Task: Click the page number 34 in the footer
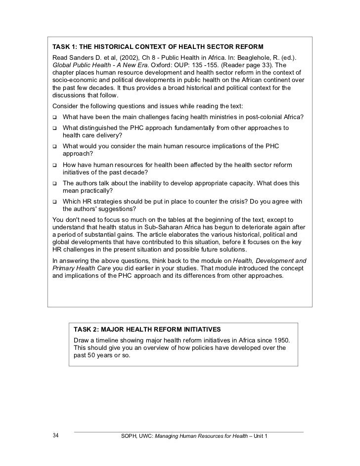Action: pyautogui.click(x=55, y=436)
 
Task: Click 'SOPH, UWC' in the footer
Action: pyautogui.click(x=136, y=436)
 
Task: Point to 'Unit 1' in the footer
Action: pyautogui.click(x=257, y=436)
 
